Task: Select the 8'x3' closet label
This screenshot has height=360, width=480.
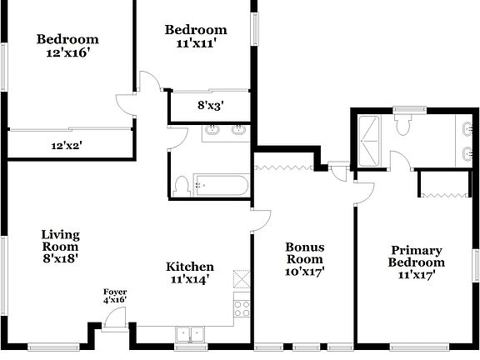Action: coord(209,106)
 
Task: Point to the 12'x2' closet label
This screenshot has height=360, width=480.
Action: coord(67,145)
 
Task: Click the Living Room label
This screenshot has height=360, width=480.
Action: coord(60,247)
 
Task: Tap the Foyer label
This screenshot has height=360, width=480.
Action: coord(115,296)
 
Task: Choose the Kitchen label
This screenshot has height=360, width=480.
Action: coord(190,272)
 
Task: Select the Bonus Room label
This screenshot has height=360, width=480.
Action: coord(304,258)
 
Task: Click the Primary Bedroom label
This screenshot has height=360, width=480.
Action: coord(417,262)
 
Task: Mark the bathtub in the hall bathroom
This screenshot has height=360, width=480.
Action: coord(220,185)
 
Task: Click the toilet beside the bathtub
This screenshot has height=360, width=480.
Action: coord(182,186)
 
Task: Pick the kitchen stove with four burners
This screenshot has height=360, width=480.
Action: coord(242,308)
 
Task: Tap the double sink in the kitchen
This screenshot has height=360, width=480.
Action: coord(191,334)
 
